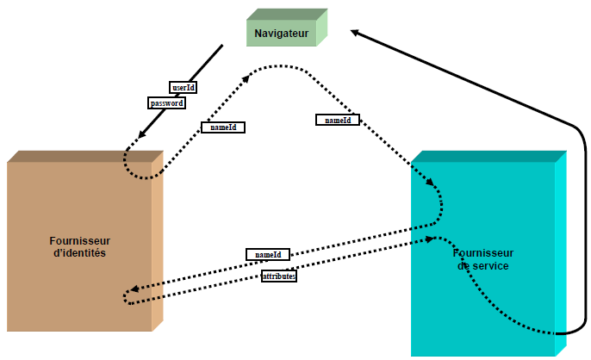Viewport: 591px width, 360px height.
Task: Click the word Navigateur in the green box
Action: pos(281,33)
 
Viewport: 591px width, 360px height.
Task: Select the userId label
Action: pos(183,87)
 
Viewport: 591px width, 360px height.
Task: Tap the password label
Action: pos(167,102)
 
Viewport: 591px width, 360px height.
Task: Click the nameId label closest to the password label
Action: pos(223,127)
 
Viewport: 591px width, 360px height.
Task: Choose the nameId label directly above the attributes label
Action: pos(268,255)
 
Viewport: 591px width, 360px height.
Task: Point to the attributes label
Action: pos(279,276)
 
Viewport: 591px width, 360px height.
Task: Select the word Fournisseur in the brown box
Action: pos(80,240)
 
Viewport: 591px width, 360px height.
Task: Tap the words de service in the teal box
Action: pos(482,266)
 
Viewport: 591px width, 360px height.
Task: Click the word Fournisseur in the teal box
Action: pos(483,253)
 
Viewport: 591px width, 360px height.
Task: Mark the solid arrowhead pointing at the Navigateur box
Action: pos(356,32)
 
